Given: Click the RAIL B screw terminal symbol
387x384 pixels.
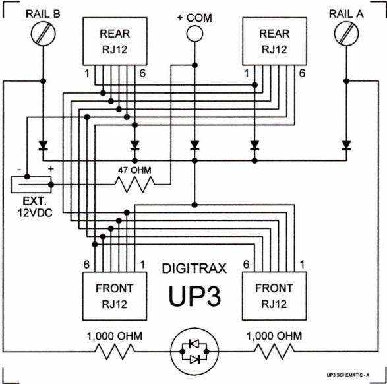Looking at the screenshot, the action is tap(44, 34).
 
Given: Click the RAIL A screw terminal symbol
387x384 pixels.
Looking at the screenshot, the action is tap(346, 34).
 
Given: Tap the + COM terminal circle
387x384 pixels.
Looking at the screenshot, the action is tap(194, 33).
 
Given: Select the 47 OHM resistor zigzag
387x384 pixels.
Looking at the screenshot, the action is tap(135, 185).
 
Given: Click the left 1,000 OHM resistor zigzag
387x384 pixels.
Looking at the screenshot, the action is tap(115, 352).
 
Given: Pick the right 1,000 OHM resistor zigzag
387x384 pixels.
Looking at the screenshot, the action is tap(274, 352).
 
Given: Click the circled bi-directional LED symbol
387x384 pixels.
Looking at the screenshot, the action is tap(194, 352).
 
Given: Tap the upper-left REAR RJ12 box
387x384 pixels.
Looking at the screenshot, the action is tap(115, 42).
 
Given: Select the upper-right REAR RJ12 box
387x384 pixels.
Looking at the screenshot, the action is tap(274, 42).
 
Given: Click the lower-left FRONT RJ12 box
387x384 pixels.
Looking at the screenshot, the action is tap(115, 296).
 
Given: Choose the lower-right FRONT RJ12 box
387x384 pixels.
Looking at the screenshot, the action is tap(274, 296).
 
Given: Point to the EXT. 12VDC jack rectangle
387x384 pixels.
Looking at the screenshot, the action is tap(31, 185).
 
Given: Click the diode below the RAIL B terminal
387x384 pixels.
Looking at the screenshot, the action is tap(44, 145).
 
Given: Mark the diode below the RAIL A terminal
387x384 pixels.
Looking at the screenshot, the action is tap(346, 145).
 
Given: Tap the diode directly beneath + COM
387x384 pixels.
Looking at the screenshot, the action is tap(194, 145).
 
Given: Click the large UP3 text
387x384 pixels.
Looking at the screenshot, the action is tap(194, 296).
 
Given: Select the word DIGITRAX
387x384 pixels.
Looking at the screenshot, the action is tap(194, 269).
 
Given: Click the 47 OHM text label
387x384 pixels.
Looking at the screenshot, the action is tap(134, 170).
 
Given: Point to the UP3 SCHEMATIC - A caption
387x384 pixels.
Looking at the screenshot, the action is tap(348, 375).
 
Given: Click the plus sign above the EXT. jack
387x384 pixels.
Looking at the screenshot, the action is tap(51, 169).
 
